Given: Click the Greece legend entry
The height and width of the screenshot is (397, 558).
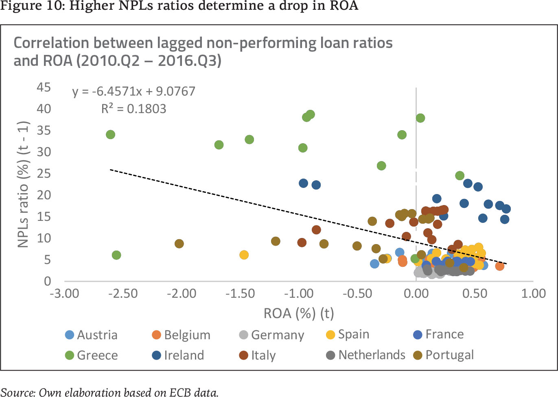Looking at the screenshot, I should tap(92, 355).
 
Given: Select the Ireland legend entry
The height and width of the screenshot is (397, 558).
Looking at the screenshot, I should tap(178, 355).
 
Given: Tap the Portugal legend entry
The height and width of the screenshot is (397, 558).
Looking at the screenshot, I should tap(444, 355).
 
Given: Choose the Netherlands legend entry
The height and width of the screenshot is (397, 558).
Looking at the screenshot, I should tap(365, 355).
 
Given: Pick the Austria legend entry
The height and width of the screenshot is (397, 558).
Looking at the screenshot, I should tap(92, 335).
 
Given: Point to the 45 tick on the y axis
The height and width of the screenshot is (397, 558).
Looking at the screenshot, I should tap(44, 87).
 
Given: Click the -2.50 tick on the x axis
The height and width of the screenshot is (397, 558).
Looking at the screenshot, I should tap(123, 293).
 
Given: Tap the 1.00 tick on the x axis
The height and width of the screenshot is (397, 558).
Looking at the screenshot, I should tap(533, 293).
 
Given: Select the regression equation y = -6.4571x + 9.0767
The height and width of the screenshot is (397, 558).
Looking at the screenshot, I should tap(134, 91).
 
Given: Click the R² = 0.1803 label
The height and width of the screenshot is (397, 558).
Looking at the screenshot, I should tap(134, 109).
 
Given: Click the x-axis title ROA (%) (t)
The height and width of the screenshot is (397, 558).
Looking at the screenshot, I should tap(299, 313).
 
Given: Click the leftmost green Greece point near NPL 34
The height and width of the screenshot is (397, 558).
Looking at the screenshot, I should tap(110, 135).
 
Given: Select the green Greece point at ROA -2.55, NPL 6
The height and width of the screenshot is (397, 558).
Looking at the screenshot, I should tap(116, 255).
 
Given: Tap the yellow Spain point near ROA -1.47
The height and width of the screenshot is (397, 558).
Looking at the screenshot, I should tap(244, 255).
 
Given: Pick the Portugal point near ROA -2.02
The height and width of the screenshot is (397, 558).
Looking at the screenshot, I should tap(179, 244).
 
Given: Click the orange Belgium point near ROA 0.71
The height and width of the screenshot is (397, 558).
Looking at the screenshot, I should tap(500, 266).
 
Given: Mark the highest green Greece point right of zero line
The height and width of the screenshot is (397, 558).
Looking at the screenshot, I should tap(420, 118).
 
